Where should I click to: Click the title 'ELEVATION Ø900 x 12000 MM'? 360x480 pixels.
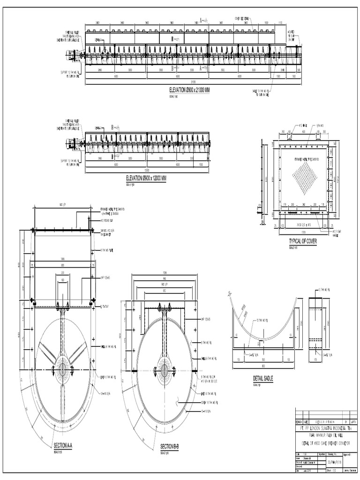click(146, 179)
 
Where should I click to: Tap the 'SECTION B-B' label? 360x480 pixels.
click(170, 446)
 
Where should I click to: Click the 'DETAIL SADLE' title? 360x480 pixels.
click(262, 378)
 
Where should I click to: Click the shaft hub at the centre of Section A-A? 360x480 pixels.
click(62, 370)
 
